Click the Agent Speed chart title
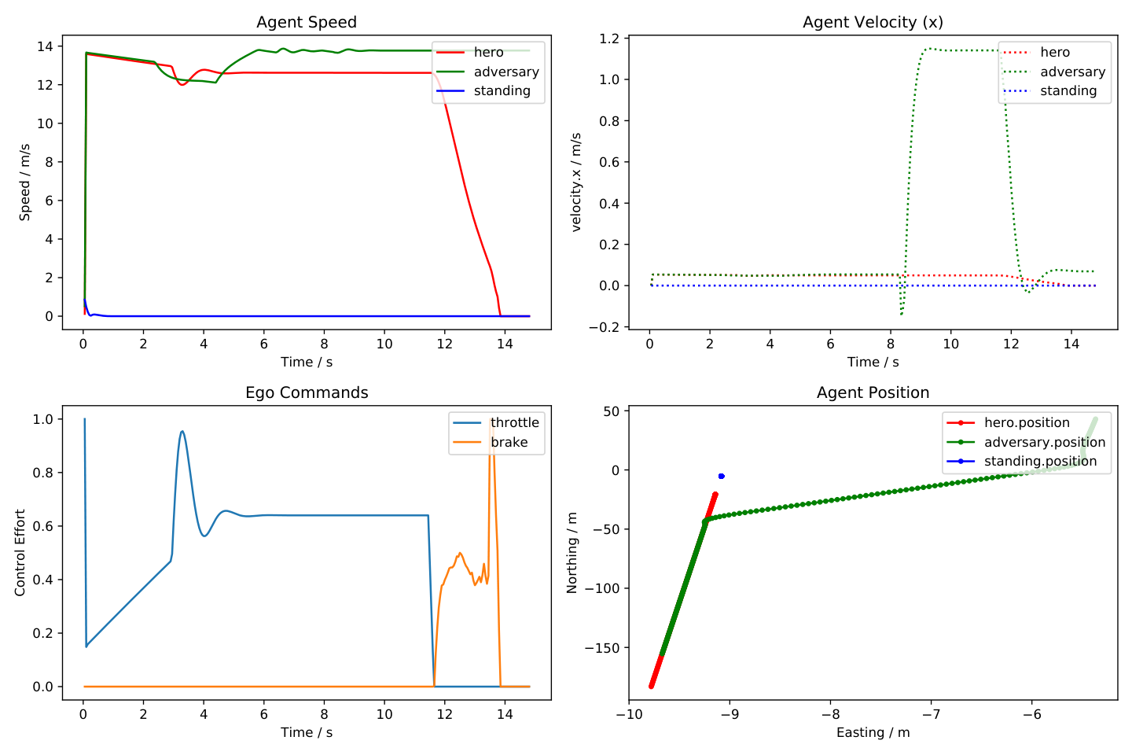[307, 22]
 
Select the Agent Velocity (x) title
[873, 22]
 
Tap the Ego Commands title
[307, 393]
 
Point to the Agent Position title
[873, 393]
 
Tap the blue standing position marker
[721, 477]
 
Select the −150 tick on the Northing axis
[602, 648]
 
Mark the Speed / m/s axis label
[25, 182]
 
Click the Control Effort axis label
[20, 553]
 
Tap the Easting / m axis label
[873, 733]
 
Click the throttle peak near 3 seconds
[182, 431]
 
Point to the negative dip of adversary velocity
[901, 315]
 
